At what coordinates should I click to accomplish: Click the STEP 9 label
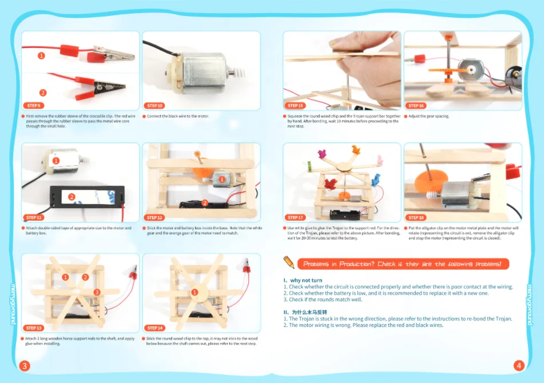(33, 106)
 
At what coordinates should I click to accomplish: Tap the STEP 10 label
(154, 106)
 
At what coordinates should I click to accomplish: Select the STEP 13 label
(34, 328)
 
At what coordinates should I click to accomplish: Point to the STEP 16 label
(416, 106)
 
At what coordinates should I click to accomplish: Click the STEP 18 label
(416, 218)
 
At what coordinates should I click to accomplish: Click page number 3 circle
(25, 365)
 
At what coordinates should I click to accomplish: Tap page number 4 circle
(519, 365)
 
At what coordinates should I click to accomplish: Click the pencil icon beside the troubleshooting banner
(289, 262)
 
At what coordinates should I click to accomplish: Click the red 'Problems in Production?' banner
(403, 264)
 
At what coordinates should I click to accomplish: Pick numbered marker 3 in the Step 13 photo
(97, 292)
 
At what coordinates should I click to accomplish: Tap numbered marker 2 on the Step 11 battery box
(72, 197)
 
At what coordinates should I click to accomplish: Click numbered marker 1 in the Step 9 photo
(41, 55)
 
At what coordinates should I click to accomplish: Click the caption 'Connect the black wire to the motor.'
(178, 116)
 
